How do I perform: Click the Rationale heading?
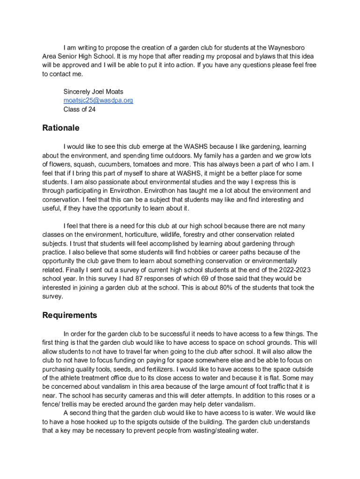pyautogui.click(x=61, y=128)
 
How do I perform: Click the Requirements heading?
pyautogui.click(x=70, y=315)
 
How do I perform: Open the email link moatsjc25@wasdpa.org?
pyautogui.click(x=98, y=101)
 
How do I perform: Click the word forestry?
pyautogui.click(x=198, y=235)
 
